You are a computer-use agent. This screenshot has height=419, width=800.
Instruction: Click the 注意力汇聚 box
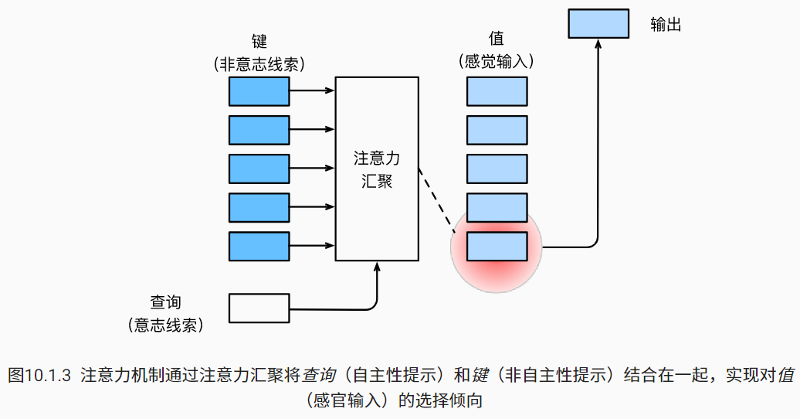[x=377, y=169]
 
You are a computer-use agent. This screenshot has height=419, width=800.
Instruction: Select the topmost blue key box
[x=259, y=91]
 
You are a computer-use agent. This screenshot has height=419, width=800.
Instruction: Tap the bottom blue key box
[x=259, y=246]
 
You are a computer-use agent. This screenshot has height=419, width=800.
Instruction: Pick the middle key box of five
[x=259, y=169]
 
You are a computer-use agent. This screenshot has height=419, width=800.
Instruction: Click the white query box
[x=259, y=308]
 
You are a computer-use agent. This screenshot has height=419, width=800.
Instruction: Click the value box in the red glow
[x=497, y=246]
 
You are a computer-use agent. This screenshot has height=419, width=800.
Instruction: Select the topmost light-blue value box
[x=497, y=91]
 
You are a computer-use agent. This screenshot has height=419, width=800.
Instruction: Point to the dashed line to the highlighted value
[x=436, y=199]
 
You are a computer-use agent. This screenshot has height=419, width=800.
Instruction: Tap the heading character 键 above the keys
[x=259, y=42]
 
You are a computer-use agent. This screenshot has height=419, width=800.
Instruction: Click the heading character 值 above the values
[x=497, y=39]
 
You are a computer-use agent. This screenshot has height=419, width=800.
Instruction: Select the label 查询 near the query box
[x=165, y=302]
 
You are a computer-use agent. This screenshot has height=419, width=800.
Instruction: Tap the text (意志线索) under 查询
[x=165, y=325]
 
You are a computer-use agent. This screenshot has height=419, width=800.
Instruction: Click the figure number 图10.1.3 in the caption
[x=39, y=376]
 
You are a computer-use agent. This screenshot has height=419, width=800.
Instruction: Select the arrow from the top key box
[x=312, y=91]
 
